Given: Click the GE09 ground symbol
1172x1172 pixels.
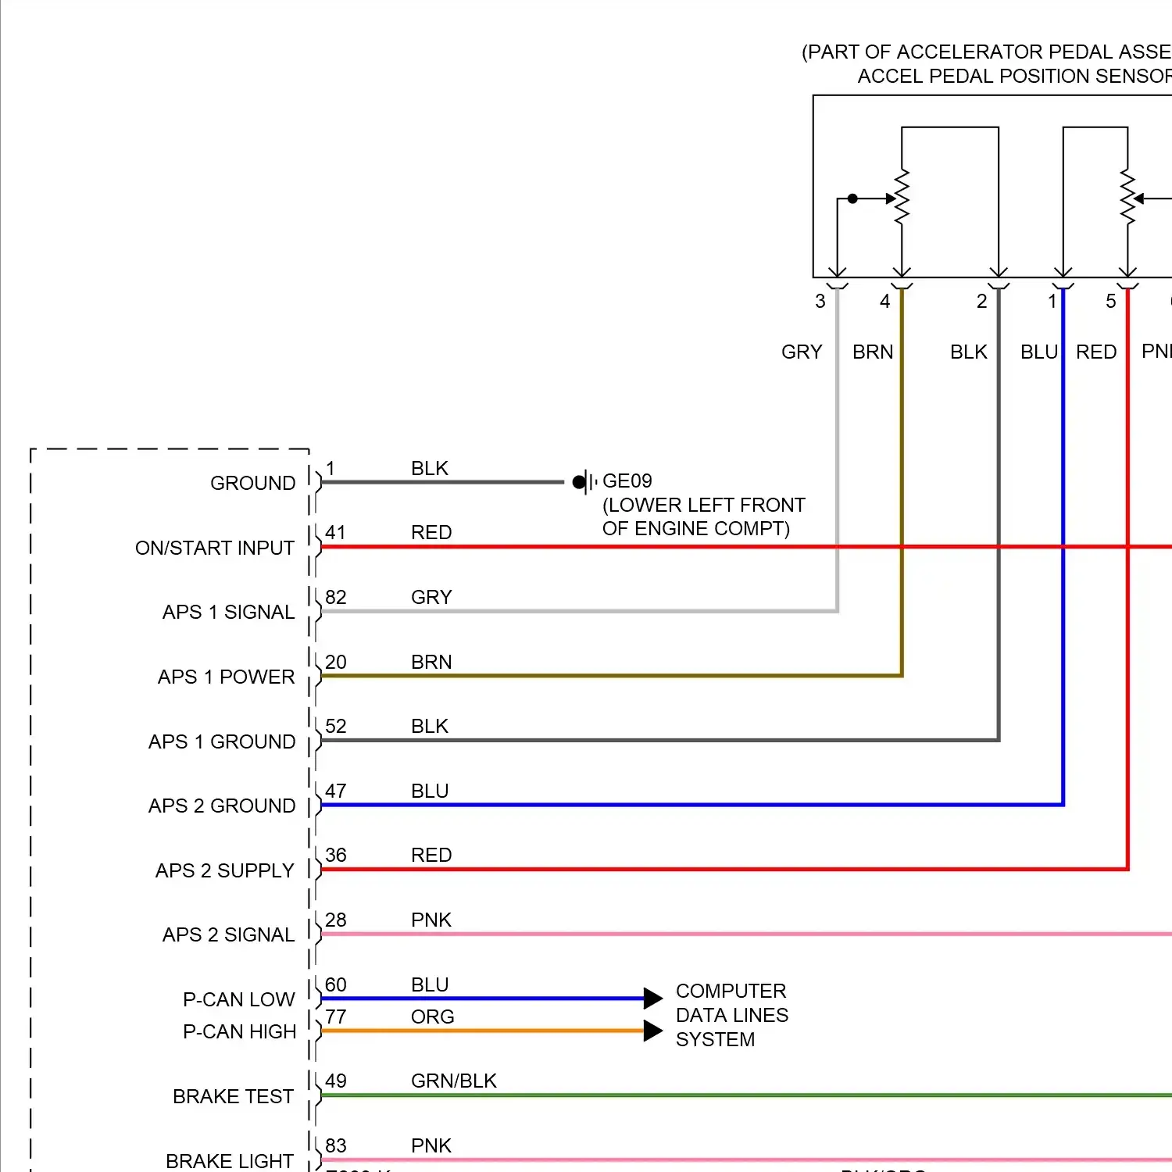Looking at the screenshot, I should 582,481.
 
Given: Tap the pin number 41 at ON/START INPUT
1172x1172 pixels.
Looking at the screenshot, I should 335,533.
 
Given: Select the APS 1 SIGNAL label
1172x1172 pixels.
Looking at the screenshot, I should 228,612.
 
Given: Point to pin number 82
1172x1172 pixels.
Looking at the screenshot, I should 335,598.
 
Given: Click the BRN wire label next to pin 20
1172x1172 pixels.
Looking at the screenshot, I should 431,663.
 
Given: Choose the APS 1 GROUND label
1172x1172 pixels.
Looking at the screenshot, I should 222,741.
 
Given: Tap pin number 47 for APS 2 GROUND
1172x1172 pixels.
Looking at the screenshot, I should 335,791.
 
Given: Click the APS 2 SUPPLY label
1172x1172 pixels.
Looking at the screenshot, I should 225,870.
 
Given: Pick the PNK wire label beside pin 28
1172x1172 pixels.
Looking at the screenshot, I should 431,920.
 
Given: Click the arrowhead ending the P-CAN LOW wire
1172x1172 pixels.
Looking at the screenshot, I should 653,998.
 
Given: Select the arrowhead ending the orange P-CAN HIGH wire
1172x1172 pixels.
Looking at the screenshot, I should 653,1031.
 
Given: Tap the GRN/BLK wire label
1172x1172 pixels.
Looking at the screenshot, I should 454,1081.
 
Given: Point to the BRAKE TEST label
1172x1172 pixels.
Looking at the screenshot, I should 233,1097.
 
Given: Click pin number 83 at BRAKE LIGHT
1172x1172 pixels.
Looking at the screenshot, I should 335,1146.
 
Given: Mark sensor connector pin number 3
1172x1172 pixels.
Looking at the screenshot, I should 820,302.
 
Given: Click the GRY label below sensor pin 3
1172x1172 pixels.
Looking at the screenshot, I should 802,352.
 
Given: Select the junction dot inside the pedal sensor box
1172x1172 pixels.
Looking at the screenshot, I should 852,198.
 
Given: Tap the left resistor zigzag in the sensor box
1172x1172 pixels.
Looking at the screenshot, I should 902,198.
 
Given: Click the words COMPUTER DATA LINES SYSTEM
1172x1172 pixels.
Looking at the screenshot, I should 731,1015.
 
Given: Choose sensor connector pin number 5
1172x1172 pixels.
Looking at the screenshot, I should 1111,302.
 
